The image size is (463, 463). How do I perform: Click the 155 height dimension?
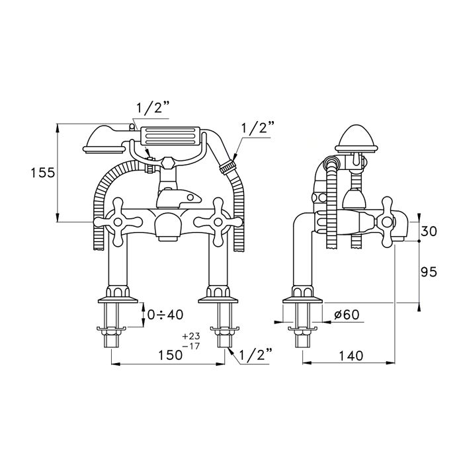pyautogui.click(x=43, y=173)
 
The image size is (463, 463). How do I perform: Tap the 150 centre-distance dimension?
pyautogui.click(x=171, y=355)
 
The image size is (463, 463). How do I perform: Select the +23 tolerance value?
pyautogui.click(x=190, y=336)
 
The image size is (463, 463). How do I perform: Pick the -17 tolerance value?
pyautogui.click(x=190, y=346)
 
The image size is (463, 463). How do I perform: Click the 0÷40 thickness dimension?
pyautogui.click(x=165, y=315)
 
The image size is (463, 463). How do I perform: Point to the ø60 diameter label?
pyautogui.click(x=347, y=315)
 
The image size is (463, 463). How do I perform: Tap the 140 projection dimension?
pyautogui.click(x=351, y=356)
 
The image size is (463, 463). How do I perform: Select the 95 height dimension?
pyautogui.click(x=429, y=272)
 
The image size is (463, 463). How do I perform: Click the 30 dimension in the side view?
pyautogui.click(x=429, y=231)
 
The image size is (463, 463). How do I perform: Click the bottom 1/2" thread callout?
pyautogui.click(x=256, y=355)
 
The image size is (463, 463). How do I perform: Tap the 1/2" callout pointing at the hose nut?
pyautogui.click(x=258, y=128)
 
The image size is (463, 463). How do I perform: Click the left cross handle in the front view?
pyautogui.click(x=118, y=222)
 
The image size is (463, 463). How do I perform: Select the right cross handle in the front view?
pyautogui.click(x=218, y=222)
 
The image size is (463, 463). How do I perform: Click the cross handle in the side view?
pyautogui.click(x=387, y=222)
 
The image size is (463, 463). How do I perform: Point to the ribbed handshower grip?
pyautogui.click(x=171, y=136)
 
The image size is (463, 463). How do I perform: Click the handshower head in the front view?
pyautogui.click(x=104, y=140)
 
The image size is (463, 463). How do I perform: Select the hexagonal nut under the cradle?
pyautogui.click(x=169, y=163)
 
